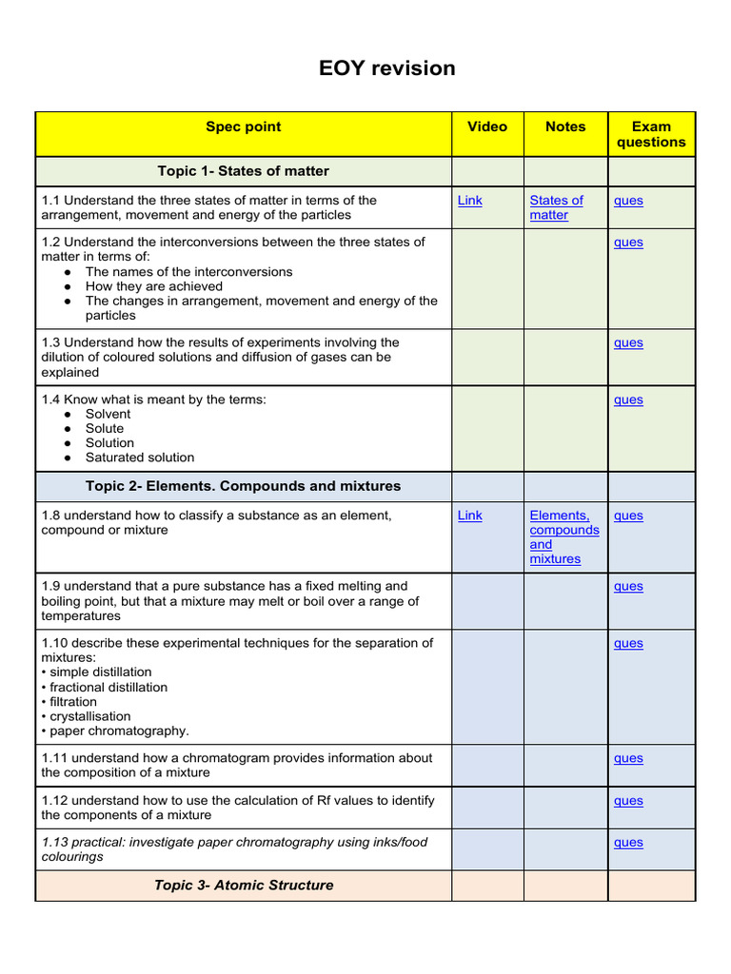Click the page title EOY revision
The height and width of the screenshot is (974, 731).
coord(386,68)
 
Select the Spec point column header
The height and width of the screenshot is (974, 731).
coord(243,127)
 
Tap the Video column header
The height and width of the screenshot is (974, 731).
coord(487,127)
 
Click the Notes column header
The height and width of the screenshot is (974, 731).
coord(565,127)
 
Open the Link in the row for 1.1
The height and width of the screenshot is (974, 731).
coord(469,201)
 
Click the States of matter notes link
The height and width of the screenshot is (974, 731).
coord(556,207)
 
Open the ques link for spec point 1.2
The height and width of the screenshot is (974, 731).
coord(628,243)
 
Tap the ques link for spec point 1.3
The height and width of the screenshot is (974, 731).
coord(628,343)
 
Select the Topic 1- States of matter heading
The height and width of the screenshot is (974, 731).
coord(243,171)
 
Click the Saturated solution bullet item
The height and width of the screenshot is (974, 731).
coord(139,458)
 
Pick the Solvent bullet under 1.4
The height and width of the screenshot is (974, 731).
coord(108,414)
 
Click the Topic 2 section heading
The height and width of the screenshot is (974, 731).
coord(243,486)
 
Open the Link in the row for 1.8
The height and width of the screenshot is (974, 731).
coord(469,516)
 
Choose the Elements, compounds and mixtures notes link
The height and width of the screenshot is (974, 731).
coord(563,537)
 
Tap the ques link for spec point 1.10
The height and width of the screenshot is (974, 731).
coord(628,644)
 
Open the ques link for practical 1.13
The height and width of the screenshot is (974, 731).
coord(628,843)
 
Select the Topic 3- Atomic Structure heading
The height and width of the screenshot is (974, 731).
coord(244,886)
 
